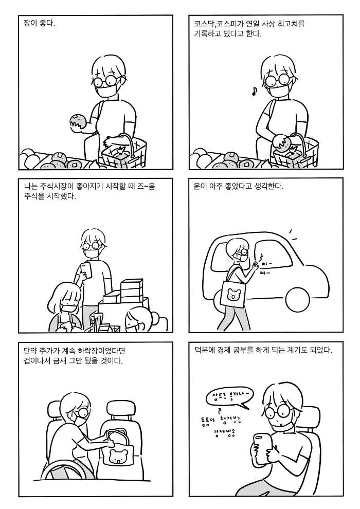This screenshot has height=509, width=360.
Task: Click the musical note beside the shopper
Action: [x=254, y=92]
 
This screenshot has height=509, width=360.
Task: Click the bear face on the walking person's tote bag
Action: [x=233, y=295]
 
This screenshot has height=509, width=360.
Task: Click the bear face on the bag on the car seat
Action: [x=118, y=457]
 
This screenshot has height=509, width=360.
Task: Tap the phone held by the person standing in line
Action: [x=86, y=270]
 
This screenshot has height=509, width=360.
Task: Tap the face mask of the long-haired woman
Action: [x=69, y=311]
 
